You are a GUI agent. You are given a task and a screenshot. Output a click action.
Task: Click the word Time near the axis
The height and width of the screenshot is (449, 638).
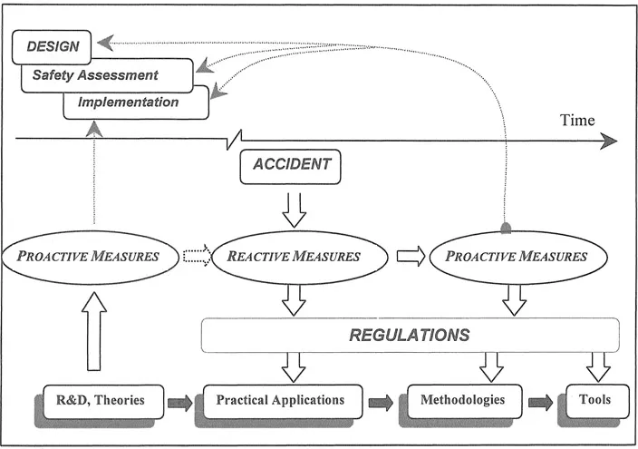coord(576,121)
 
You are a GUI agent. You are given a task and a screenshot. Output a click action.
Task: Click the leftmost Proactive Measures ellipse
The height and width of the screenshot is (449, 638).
coord(94,257)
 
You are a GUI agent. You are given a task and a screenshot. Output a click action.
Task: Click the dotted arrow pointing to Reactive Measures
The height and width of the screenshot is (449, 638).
coord(195,257)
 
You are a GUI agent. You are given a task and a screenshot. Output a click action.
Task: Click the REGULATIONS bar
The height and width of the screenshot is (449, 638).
coord(410,335)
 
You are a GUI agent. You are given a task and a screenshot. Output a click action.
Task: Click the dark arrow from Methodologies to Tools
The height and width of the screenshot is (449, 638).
coord(541,400)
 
